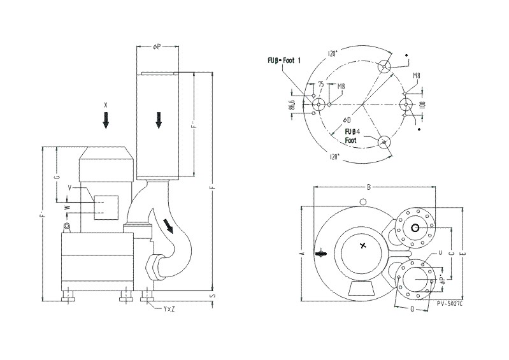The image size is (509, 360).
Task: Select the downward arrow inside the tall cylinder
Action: click(159, 119)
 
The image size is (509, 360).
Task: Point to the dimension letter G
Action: click(57, 176)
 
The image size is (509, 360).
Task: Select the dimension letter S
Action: click(213, 296)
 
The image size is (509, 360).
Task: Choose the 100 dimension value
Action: click(421, 104)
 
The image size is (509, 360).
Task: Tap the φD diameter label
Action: click(346, 119)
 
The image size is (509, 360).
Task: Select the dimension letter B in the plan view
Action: click(369, 187)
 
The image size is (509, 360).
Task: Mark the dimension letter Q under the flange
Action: click(413, 310)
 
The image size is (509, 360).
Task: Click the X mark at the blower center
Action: click(363, 245)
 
